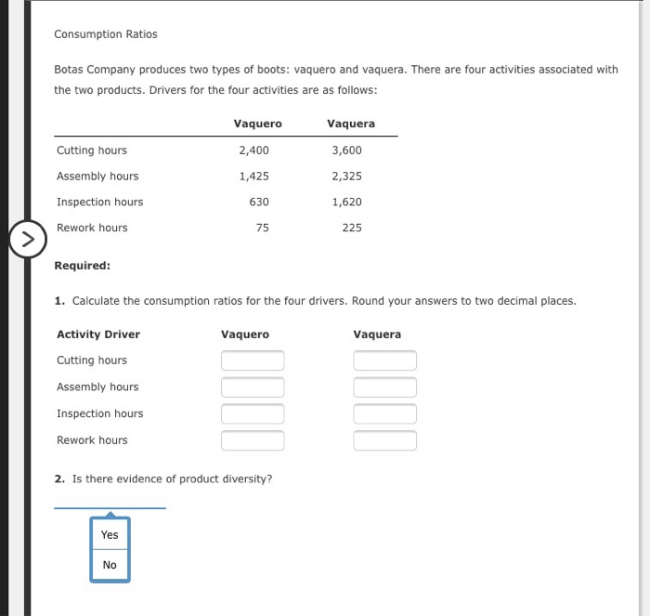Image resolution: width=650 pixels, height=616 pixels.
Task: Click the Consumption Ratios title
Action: pos(105,34)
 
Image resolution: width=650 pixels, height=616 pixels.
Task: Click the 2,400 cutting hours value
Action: pos(253,151)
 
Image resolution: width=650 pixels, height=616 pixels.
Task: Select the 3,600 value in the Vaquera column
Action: pos(346,151)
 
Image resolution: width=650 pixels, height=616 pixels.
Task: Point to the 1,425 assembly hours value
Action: pos(253,177)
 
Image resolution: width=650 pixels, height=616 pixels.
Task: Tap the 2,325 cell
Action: pos(346,177)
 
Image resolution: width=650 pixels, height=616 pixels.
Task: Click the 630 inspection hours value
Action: pos(259,203)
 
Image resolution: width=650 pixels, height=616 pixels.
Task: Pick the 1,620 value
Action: pos(346,203)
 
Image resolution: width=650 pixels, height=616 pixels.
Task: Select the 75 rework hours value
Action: pos(262,229)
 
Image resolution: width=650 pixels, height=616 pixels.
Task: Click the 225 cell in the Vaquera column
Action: pos(351,229)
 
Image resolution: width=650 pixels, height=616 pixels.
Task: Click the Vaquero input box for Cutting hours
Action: pos(253,360)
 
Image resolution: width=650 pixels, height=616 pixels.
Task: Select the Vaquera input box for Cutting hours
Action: pos(384,360)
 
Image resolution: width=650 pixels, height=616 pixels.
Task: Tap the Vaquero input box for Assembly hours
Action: pos(253,387)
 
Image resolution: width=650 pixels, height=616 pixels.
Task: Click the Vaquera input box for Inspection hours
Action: pos(384,413)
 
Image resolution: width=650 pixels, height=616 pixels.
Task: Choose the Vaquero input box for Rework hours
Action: pos(253,440)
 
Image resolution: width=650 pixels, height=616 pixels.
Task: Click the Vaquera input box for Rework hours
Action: pos(384,440)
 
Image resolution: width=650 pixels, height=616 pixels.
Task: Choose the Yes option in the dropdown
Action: pos(110,535)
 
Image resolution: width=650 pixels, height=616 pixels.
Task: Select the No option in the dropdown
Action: pos(110,565)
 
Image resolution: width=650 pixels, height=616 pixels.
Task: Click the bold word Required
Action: pos(82,266)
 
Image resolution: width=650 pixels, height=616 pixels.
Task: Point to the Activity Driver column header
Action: pos(98,334)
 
